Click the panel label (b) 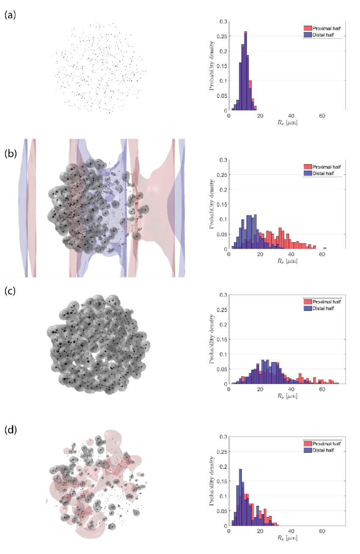11,154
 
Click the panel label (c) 11,292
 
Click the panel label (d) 11,431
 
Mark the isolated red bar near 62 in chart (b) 324,248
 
